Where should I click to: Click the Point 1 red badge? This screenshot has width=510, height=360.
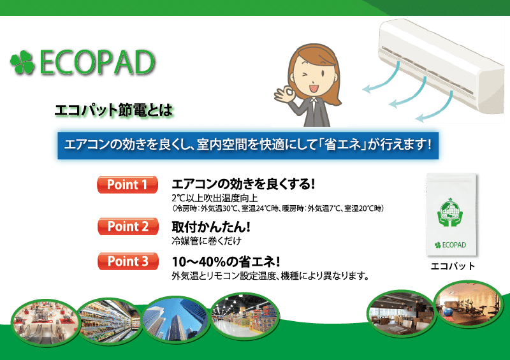(x=127, y=184)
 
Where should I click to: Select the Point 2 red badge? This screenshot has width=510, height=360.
(x=128, y=226)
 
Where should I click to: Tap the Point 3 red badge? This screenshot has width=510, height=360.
(x=128, y=261)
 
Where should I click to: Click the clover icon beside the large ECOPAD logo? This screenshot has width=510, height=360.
(x=22, y=62)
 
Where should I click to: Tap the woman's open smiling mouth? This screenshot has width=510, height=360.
(x=314, y=89)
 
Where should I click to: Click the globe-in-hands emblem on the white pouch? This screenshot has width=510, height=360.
(x=450, y=212)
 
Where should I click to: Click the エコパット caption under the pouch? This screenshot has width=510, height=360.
(x=453, y=266)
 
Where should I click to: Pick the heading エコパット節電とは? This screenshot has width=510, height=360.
(x=113, y=110)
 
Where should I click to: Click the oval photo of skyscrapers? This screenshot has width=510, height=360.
(x=176, y=319)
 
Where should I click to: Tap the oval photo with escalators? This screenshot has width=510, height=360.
(x=45, y=322)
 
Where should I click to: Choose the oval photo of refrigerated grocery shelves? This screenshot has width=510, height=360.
(x=110, y=320)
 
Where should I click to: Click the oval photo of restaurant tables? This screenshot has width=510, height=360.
(x=401, y=313)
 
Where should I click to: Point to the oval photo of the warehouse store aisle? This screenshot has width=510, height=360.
(x=245, y=315)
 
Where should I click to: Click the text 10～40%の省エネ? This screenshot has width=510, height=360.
(x=226, y=261)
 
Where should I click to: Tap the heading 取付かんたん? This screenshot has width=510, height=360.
(x=211, y=227)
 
